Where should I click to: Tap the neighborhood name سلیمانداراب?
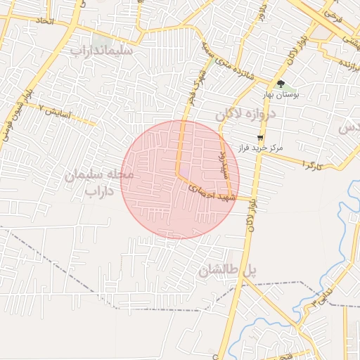(x=107, y=51)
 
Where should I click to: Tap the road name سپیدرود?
(x=219, y=163)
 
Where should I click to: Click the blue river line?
(x=347, y=239)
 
